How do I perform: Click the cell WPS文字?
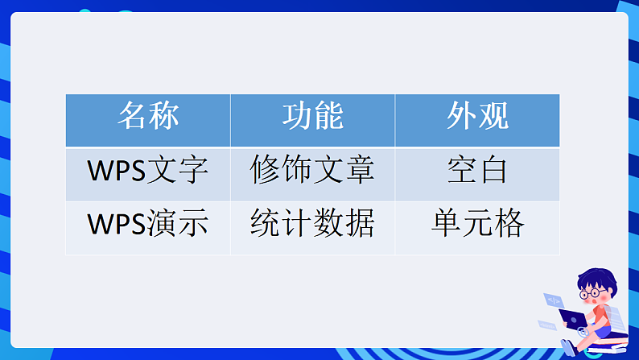(x=148, y=172)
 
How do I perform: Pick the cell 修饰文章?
(x=312, y=172)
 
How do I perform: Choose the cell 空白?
(x=477, y=172)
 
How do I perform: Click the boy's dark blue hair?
(x=596, y=278)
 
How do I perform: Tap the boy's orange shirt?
(x=600, y=314)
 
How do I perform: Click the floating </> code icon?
(x=554, y=300)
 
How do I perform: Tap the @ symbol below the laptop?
(x=583, y=332)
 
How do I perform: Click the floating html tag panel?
(x=546, y=325)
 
